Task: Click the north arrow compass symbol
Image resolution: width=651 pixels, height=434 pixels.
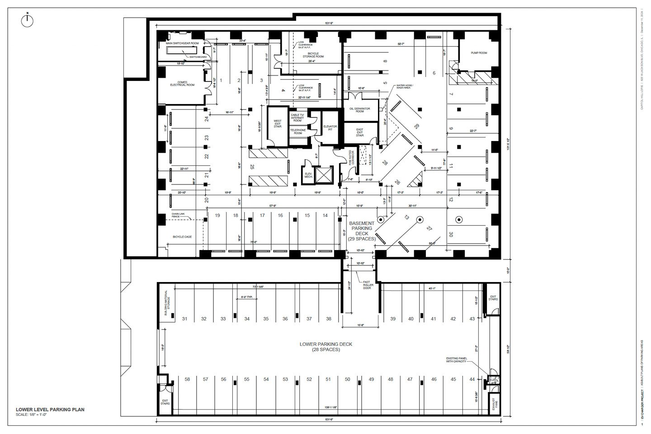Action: pos(28,19)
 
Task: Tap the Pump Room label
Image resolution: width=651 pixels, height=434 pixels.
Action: pos(479,53)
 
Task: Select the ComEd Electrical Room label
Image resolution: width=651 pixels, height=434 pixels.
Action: pos(182,83)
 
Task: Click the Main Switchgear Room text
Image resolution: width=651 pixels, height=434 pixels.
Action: pos(183,43)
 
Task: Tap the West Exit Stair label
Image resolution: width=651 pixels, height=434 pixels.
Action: pos(277,123)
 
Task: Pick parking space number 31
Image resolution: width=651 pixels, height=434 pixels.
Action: pos(184,319)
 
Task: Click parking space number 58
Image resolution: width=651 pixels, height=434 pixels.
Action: pos(187,379)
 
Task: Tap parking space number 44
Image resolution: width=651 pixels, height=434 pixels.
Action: pos(472,379)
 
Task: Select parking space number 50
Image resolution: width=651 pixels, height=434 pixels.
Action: pos(347,379)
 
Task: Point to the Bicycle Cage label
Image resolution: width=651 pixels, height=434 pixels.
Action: pos(182,236)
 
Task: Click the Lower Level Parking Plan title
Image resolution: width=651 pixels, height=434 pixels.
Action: pos(50,410)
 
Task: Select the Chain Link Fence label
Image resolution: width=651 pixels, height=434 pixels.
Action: pos(178,215)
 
